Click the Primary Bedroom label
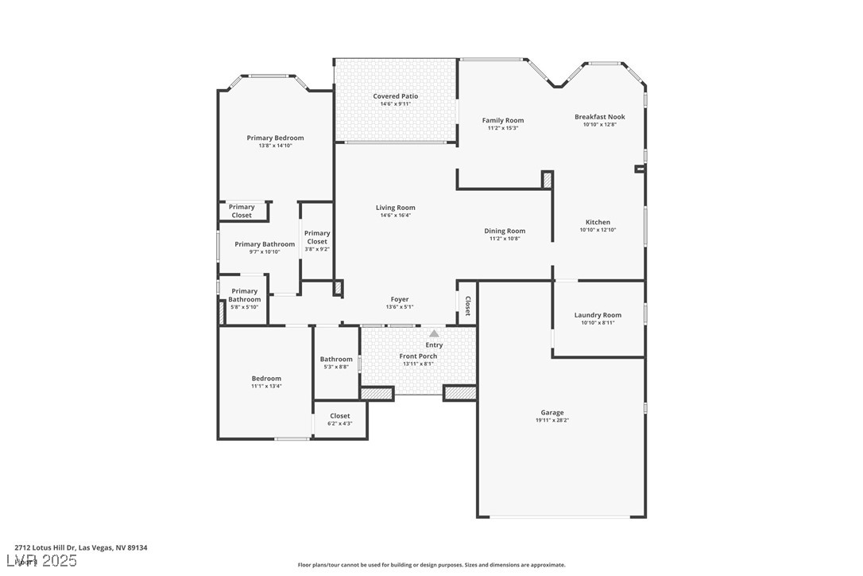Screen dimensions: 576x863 tap(275, 138)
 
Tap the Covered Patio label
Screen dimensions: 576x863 tap(395, 96)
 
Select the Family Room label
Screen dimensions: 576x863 tap(502, 120)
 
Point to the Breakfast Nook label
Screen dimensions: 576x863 tap(599, 117)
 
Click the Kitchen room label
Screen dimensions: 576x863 tap(598, 222)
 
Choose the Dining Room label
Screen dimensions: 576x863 tap(505, 231)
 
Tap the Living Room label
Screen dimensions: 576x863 tap(395, 208)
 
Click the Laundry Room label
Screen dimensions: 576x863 tap(598, 315)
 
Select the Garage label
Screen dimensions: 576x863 tap(552, 412)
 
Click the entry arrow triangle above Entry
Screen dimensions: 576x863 tap(434, 334)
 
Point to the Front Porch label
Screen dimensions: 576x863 tap(418, 356)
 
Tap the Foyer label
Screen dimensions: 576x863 tap(399, 299)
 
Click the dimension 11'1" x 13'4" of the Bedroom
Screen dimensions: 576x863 tap(266, 386)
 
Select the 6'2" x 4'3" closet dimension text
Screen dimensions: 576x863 tap(339, 423)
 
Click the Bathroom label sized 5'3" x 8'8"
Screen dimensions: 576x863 tap(336, 359)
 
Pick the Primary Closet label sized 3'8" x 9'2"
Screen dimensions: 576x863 tap(316, 237)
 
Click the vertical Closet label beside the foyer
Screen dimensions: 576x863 tap(467, 306)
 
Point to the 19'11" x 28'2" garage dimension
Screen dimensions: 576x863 tap(552, 420)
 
